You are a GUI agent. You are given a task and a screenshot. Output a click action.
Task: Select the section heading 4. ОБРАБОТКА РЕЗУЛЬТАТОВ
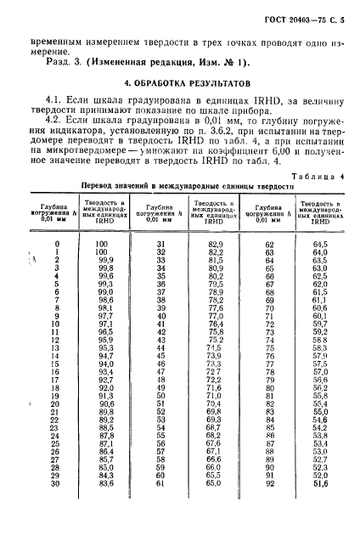[180, 85]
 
